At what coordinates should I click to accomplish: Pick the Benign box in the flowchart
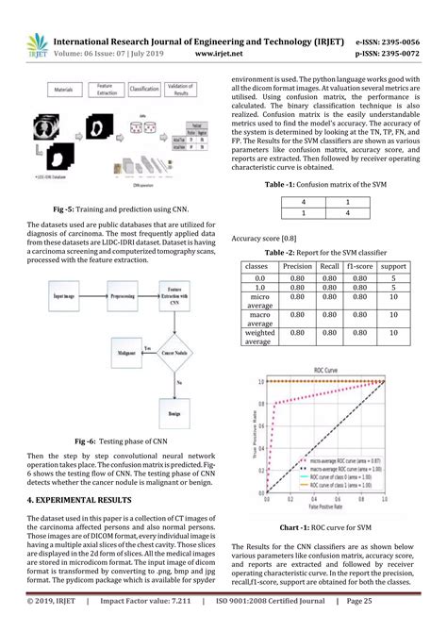coord(176,411)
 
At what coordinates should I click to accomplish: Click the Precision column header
coord(298,268)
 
